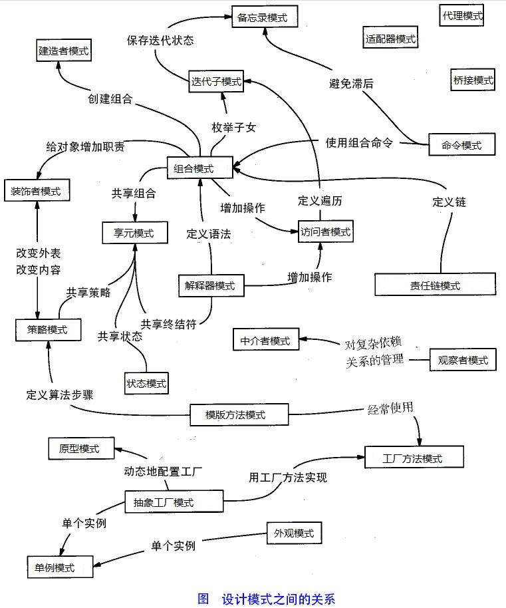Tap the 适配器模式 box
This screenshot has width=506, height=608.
[390, 39]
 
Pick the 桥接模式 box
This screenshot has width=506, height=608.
[472, 80]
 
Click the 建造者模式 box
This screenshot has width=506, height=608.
[63, 50]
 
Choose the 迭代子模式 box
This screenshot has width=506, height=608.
[216, 82]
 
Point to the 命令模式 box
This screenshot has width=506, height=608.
[462, 144]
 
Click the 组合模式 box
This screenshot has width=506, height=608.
[200, 168]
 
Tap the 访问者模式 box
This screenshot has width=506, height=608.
[324, 232]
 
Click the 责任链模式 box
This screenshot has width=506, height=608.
[435, 285]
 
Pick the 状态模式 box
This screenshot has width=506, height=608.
[146, 383]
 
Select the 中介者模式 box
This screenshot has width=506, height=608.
[265, 341]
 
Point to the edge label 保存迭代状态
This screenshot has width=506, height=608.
[160, 40]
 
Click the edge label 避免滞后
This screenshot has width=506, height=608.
[351, 84]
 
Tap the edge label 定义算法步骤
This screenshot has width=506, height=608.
[60, 394]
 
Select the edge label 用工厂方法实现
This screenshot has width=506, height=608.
[287, 477]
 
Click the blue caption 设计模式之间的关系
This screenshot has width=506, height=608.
[278, 599]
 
